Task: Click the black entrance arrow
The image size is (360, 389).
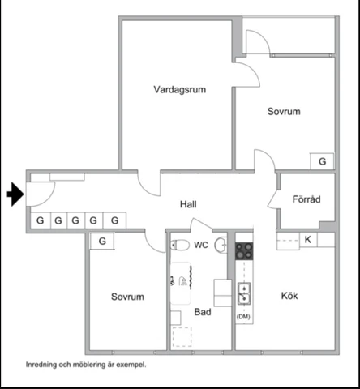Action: coord(15,194)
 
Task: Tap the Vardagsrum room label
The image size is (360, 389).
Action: coord(179,90)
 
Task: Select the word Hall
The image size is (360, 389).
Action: coord(188,205)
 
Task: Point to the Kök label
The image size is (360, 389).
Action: coord(289,296)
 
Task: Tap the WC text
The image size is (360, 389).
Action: coord(200,245)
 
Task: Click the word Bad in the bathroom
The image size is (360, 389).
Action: coord(202,311)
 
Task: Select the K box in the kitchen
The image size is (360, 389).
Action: coord(308,240)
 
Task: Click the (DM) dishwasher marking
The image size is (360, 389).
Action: coord(242,317)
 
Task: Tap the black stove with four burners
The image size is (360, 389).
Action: coord(243,251)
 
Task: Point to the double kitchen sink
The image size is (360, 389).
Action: coord(243,293)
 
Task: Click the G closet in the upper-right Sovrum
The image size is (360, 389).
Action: coord(322,161)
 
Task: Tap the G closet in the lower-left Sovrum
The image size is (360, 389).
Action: coord(102,241)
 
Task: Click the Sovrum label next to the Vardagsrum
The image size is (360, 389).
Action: coord(284,112)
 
